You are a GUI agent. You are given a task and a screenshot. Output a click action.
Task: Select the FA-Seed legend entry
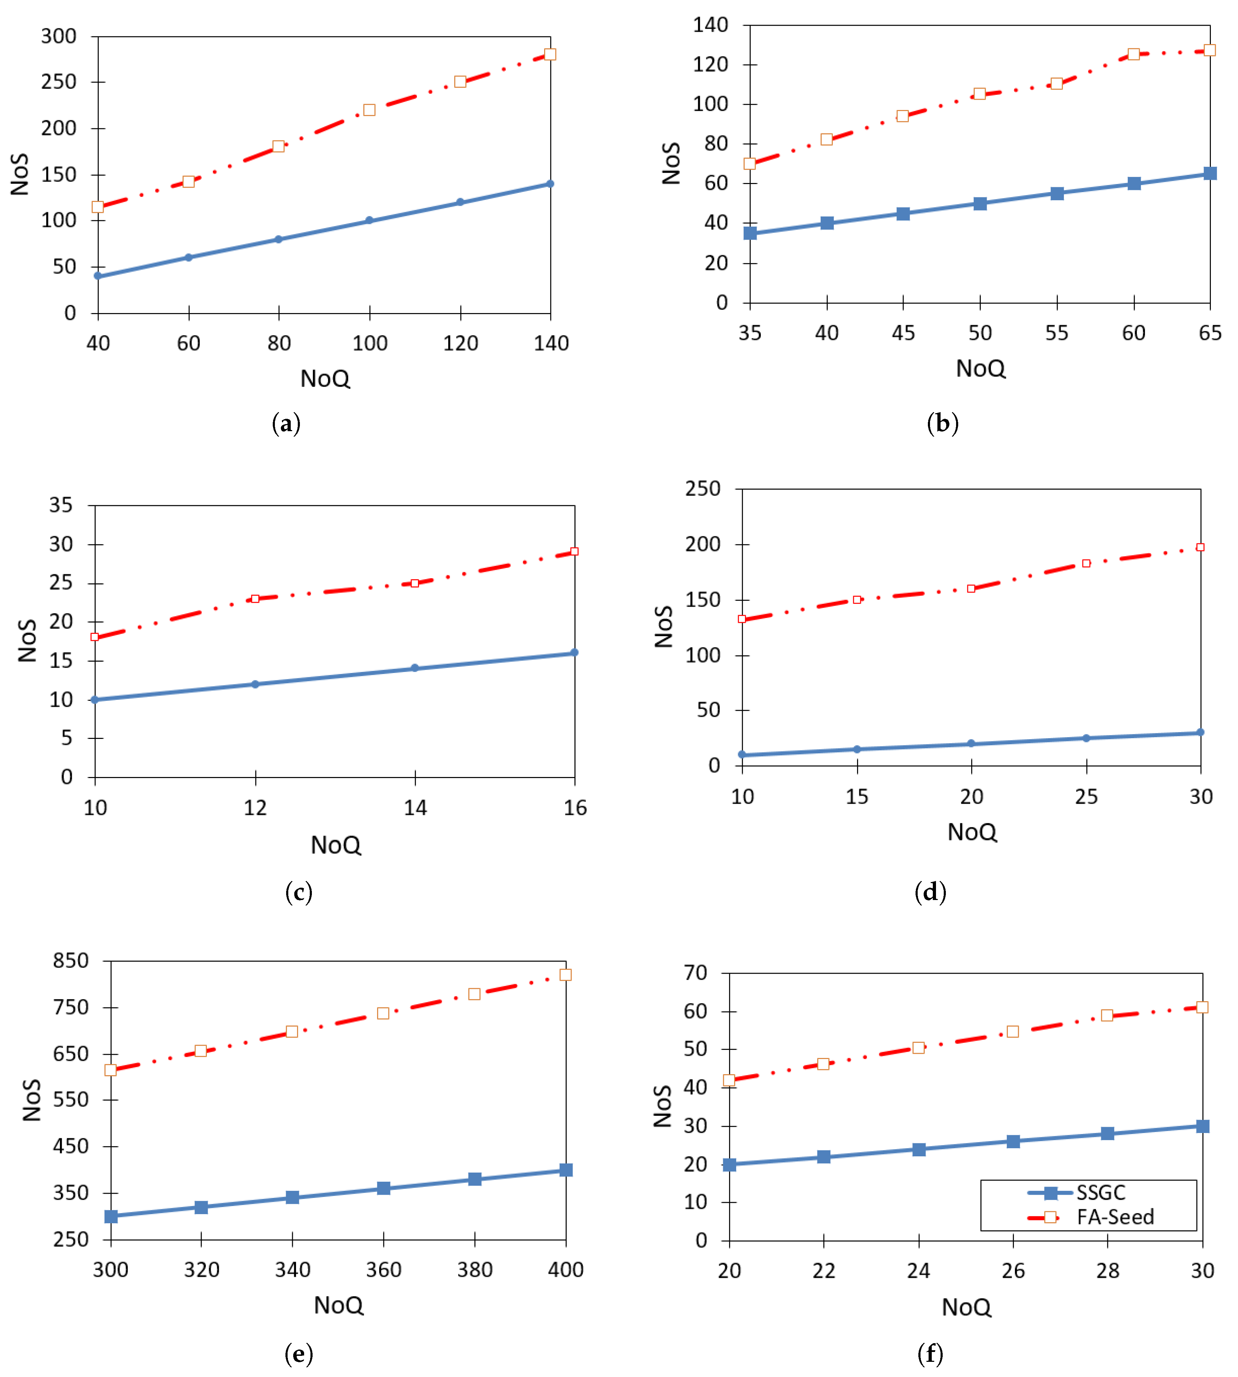(x=1114, y=1217)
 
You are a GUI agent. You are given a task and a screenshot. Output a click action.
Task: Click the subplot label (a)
(x=286, y=424)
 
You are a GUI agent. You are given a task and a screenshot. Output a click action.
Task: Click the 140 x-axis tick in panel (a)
(x=551, y=343)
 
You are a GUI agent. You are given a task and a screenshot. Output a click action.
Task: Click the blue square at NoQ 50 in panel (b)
(x=980, y=203)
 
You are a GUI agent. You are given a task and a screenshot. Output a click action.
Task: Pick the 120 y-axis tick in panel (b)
(x=710, y=65)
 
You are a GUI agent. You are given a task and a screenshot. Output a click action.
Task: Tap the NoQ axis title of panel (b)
(x=980, y=368)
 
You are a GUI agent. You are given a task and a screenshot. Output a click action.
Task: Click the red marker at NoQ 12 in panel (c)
(x=255, y=599)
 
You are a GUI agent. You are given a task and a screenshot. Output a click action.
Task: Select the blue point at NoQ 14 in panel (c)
(x=415, y=668)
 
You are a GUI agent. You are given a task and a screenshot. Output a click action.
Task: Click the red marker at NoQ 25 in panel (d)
(x=1086, y=563)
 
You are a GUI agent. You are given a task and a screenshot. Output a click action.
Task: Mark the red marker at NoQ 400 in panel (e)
(x=565, y=975)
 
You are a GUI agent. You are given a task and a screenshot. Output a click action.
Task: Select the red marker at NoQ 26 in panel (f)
(x=1013, y=1032)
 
